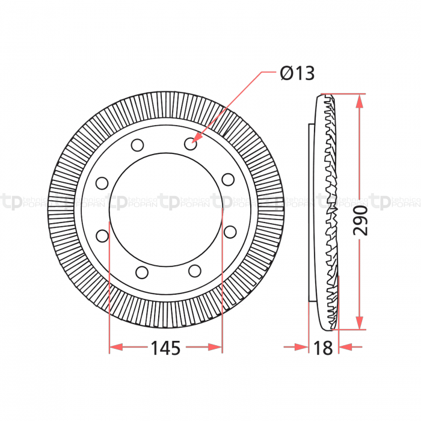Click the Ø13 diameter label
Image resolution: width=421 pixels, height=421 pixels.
tap(297, 73)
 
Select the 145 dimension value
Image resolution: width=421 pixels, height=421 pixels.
tap(165, 348)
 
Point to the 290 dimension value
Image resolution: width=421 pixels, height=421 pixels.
tap(360, 221)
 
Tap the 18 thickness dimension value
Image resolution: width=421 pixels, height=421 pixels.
tap(323, 348)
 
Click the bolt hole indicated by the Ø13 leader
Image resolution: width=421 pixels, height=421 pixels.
tap(191, 144)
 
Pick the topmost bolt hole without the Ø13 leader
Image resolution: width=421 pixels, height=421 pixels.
tap(137, 145)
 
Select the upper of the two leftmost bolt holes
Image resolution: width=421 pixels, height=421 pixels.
tap(102, 183)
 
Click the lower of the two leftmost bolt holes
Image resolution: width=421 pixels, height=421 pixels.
tap(102, 235)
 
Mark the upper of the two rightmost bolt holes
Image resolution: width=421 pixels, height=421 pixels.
tap(228, 179)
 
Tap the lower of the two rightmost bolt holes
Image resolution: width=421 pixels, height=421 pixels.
tap(229, 231)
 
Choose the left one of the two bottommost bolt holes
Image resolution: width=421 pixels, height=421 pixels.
tap(142, 272)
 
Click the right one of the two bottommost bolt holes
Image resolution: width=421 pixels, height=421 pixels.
tap(194, 271)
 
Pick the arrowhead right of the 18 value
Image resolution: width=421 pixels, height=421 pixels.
tap(344, 347)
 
